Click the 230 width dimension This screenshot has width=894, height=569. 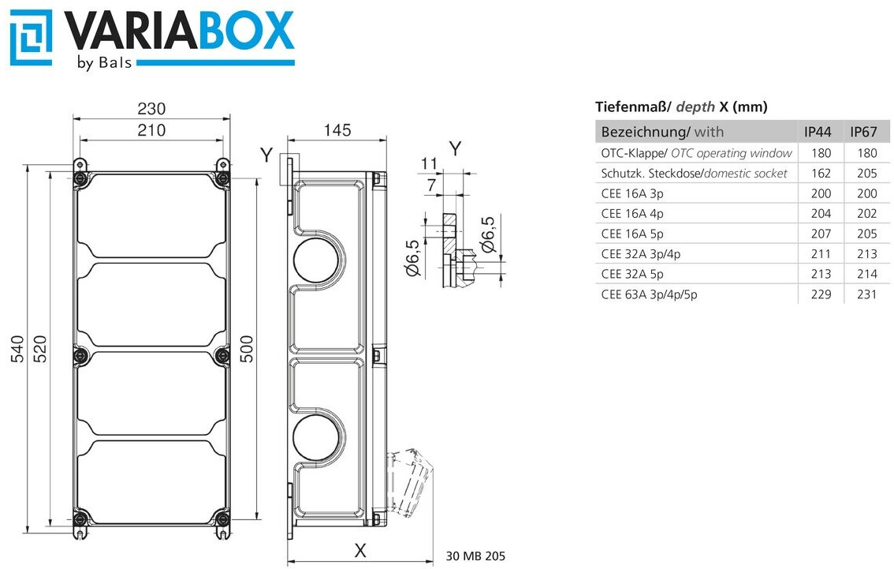(x=151, y=108)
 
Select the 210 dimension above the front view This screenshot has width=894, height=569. (x=151, y=130)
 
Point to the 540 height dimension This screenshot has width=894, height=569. (x=17, y=350)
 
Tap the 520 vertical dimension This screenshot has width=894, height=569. (x=40, y=350)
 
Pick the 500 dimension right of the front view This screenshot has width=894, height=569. (x=246, y=350)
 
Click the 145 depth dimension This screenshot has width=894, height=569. (x=337, y=130)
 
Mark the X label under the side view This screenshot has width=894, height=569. (x=360, y=551)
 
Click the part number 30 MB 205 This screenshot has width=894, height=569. (x=475, y=556)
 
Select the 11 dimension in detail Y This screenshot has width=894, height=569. (x=429, y=164)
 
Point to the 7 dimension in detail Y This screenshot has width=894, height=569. (x=431, y=185)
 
